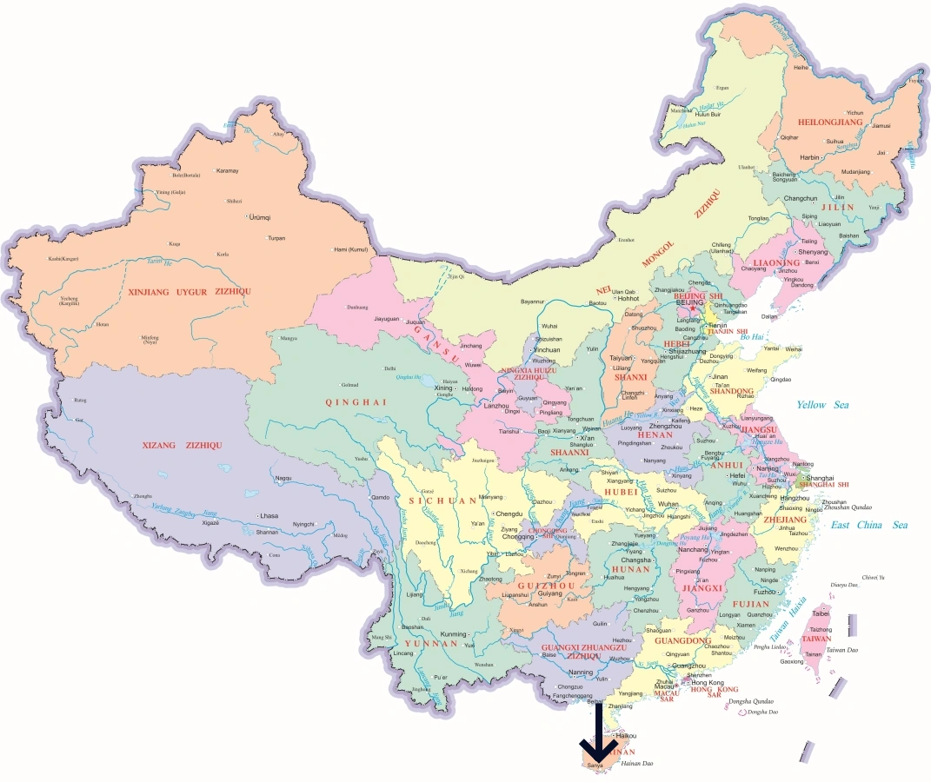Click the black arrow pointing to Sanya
point(597,734)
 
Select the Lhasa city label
point(269,515)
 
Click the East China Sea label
point(868,525)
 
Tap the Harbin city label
point(809,158)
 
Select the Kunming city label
point(454,633)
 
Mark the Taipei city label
point(821,613)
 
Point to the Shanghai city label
point(820,478)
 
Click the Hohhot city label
point(628,298)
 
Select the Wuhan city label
point(668,504)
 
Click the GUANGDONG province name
point(683,640)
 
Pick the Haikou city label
point(626,736)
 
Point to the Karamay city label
point(227,170)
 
